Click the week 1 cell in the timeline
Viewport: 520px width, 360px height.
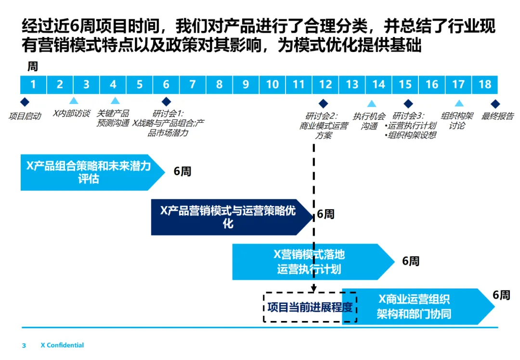pos(33,85)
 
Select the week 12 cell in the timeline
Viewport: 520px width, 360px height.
pos(325,85)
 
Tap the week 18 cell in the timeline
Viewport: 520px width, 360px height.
pos(485,85)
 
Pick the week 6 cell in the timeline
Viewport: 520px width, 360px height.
pos(166,85)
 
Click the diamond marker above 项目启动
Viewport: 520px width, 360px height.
pos(25,102)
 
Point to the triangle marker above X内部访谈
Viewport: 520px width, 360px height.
pos(73,101)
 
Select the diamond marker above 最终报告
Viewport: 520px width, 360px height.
pos(495,103)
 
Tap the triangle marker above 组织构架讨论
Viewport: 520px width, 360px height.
pos(459,103)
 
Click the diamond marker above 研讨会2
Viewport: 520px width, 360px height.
pos(323,103)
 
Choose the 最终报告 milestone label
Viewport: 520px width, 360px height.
pos(498,116)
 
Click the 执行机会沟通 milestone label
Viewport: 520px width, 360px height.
pos(369,121)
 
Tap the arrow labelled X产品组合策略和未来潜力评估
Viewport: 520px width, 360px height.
pos(89,172)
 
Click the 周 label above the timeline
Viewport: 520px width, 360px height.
pos(32,66)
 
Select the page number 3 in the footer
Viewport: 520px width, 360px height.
pos(24,345)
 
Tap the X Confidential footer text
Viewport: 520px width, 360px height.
pos(62,345)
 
